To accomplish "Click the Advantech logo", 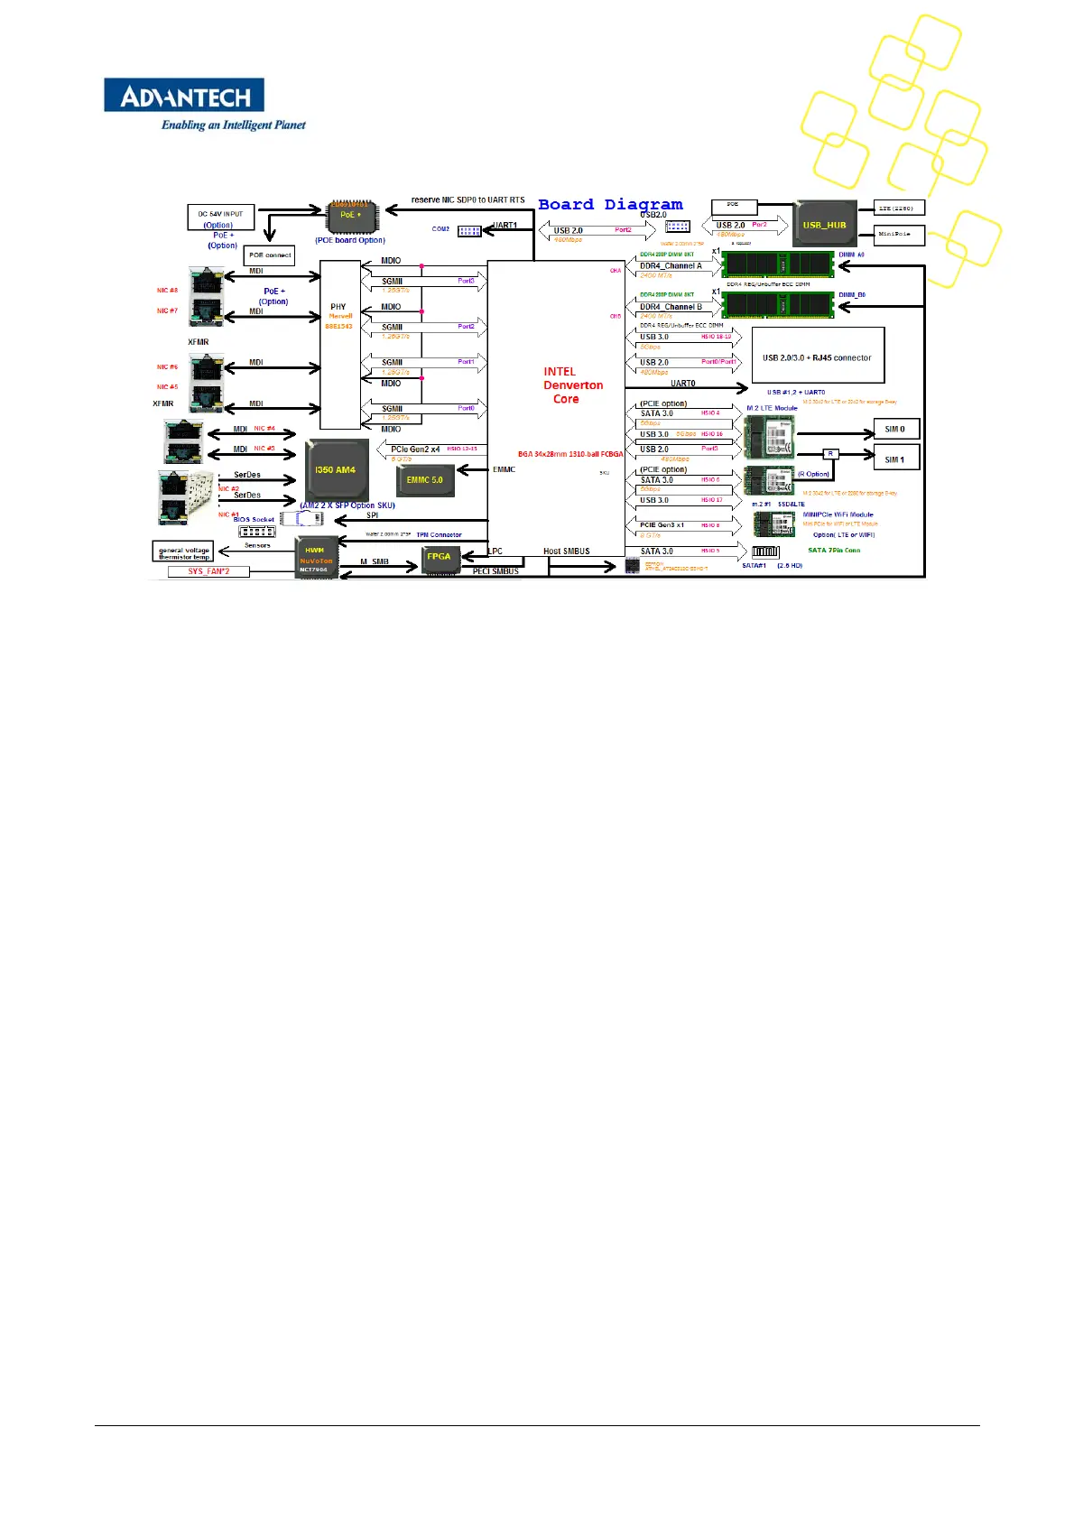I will pos(184,96).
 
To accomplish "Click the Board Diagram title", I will pos(610,205).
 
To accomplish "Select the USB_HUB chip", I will pos(824,225).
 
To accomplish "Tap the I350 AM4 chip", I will pos(335,470).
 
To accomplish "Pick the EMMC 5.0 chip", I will pos(424,480).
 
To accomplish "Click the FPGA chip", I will pos(439,557).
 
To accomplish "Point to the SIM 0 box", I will pos(895,429).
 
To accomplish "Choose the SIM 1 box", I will pos(895,459).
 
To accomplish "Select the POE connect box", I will pos(270,255).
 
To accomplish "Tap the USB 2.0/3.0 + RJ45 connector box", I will pos(817,357).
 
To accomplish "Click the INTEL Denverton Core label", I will pos(572,385).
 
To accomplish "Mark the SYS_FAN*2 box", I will pos(208,571).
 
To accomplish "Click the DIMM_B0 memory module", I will pos(778,306).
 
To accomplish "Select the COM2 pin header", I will pos(469,231).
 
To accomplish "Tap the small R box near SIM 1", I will pos(831,453).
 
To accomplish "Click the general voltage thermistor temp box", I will pos(183,552).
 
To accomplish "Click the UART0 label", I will pos(683,384).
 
